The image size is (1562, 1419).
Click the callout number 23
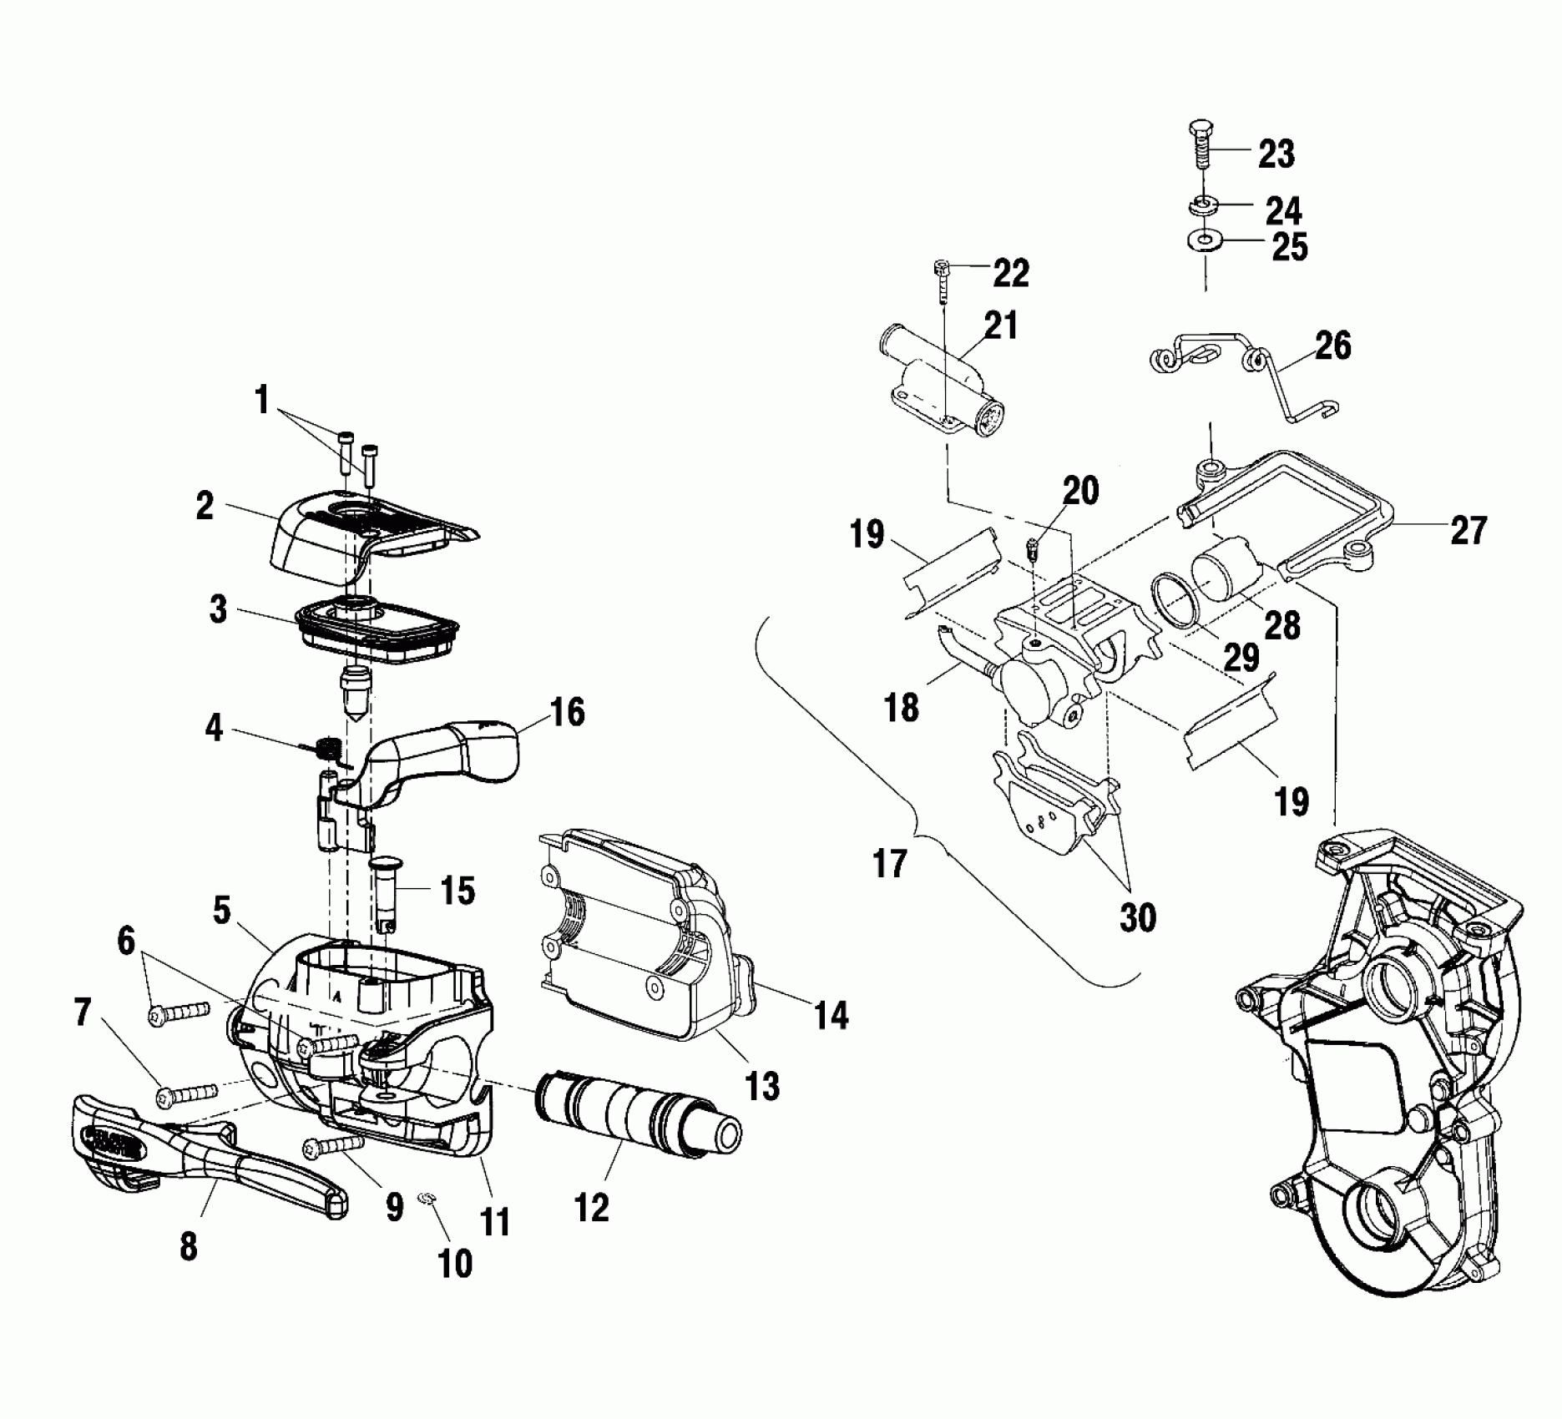(1276, 154)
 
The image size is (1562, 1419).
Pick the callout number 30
(1137, 917)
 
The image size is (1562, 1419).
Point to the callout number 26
(1332, 344)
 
